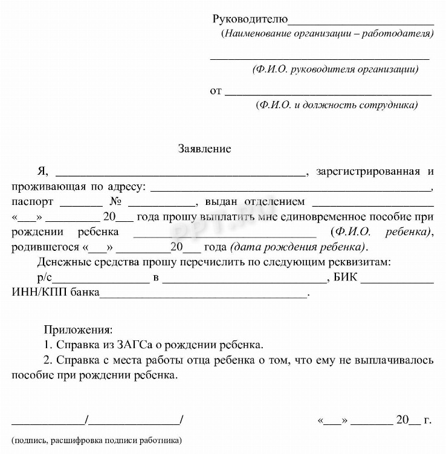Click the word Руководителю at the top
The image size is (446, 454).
(x=250, y=19)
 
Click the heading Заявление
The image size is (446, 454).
(x=204, y=148)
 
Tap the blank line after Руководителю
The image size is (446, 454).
(x=361, y=22)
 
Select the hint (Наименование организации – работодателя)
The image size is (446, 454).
(x=328, y=33)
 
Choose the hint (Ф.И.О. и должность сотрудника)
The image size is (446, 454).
(x=337, y=105)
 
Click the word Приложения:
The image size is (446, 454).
(x=78, y=330)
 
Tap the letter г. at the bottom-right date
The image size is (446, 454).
(x=427, y=420)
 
